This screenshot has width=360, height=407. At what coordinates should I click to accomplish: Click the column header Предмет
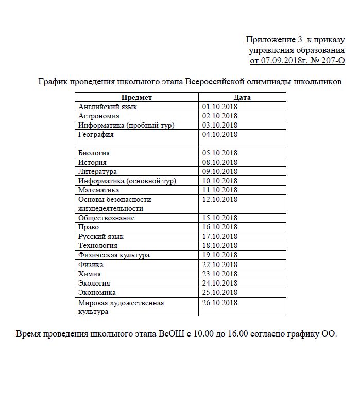pyautogui.click(x=136, y=97)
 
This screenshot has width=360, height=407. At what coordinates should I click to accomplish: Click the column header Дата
pyautogui.click(x=242, y=97)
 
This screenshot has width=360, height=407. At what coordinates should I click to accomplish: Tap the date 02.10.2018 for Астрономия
pyautogui.click(x=220, y=116)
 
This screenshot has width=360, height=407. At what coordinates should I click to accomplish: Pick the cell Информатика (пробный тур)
pyautogui.click(x=127, y=125)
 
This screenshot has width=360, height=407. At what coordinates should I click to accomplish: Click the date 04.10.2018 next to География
pyautogui.click(x=220, y=134)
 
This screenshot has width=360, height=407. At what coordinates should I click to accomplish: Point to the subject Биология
pyautogui.click(x=94, y=153)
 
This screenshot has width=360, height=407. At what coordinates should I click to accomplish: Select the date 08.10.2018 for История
pyautogui.click(x=220, y=162)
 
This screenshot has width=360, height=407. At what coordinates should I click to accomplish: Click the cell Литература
pyautogui.click(x=97, y=171)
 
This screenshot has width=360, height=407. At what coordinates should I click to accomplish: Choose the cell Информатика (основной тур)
pyautogui.click(x=127, y=181)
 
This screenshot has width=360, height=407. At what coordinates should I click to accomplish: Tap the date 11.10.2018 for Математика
pyautogui.click(x=220, y=190)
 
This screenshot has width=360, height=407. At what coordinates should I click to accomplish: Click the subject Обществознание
pyautogui.click(x=107, y=218)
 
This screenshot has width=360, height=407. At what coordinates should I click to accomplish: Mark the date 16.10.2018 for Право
pyautogui.click(x=220, y=227)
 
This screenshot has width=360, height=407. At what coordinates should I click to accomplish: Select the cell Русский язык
pyautogui.click(x=101, y=236)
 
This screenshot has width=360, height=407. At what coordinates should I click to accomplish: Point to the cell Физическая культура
pyautogui.click(x=114, y=255)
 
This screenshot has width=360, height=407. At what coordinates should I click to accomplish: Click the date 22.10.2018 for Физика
pyautogui.click(x=220, y=264)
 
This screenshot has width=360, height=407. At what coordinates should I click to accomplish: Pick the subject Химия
pyautogui.click(x=90, y=273)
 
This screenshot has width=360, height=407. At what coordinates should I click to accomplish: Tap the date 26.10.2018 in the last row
pyautogui.click(x=220, y=303)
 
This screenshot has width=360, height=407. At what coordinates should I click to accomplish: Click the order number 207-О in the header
pyautogui.click(x=331, y=61)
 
